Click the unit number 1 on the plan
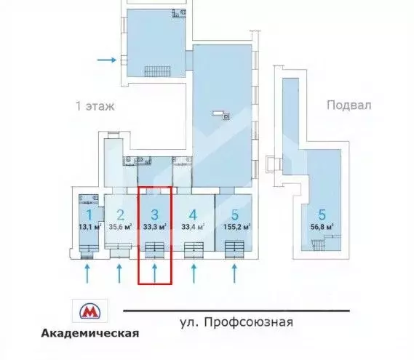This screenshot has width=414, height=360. point(88,215)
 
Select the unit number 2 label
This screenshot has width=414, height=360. point(121,215)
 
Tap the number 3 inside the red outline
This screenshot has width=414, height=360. point(155,215)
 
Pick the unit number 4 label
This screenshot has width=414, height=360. point(193,215)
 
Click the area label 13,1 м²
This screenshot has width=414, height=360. point(89,226)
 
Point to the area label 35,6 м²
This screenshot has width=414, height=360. point(121,226)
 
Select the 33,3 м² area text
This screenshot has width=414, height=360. point(155,226)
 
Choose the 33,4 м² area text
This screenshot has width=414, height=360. point(193,226)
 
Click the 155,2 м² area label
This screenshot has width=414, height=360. point(234,226)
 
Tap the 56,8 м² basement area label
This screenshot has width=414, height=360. point(320,226)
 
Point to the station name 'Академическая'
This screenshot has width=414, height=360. point(89,334)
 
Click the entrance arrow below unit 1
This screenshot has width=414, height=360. point(88,273)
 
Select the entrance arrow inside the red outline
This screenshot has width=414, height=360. point(155,273)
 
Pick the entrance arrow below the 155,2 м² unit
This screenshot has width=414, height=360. point(234,273)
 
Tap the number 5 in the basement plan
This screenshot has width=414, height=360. point(320,215)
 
